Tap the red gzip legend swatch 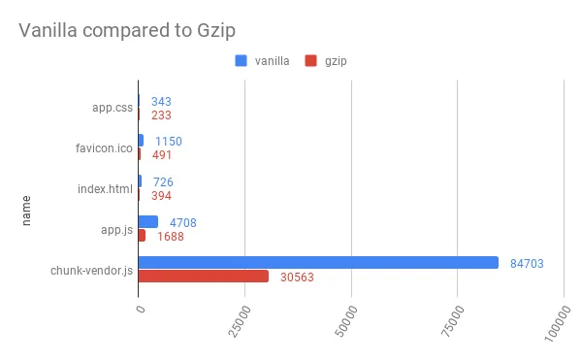311,61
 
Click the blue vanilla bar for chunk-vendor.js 318,262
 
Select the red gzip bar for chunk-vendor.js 204,277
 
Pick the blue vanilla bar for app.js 148,222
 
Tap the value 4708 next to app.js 183,221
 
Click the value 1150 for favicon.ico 168,141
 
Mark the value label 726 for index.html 163,181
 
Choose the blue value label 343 161,101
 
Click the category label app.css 113,108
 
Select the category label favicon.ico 105,147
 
